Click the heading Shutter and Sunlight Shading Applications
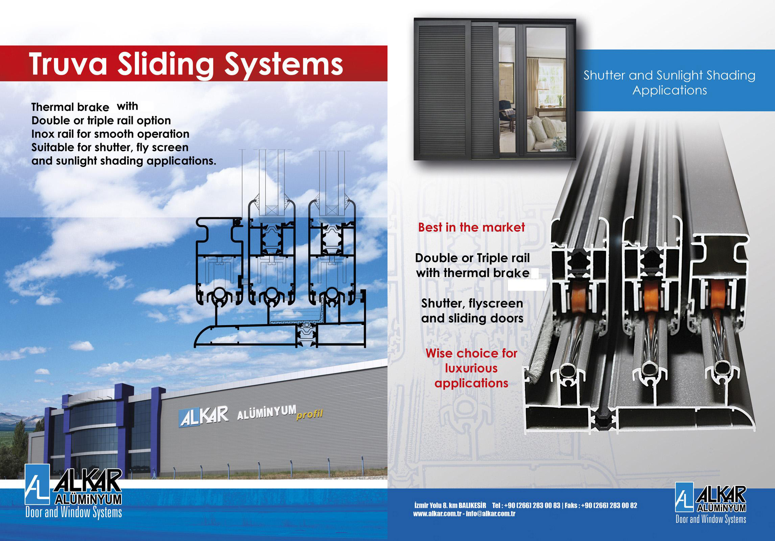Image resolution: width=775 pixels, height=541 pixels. pyautogui.click(x=670, y=83)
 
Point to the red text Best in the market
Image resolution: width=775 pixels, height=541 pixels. pyautogui.click(x=472, y=227)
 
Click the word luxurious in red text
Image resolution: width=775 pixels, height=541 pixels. pyautogui.click(x=471, y=368)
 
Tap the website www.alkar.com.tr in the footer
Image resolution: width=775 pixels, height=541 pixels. pyautogui.click(x=437, y=514)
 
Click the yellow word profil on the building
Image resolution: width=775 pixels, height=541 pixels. pyautogui.click(x=309, y=414)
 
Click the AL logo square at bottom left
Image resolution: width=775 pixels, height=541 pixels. pyautogui.click(x=37, y=485)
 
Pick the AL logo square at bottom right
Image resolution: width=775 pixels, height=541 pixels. pyautogui.click(x=684, y=497)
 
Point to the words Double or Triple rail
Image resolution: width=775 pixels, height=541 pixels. pyautogui.click(x=472, y=258)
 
